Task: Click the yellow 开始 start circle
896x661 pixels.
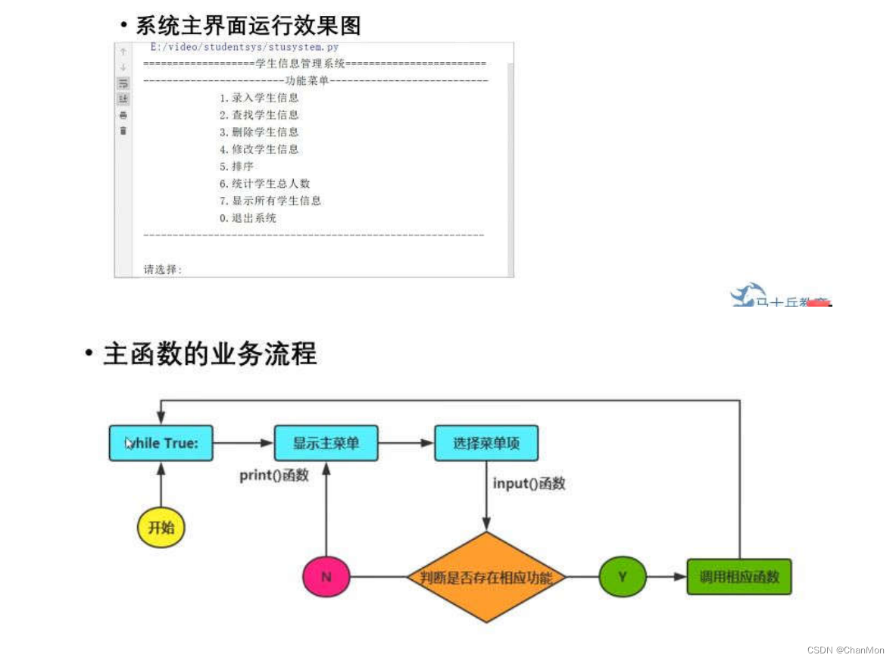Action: (x=161, y=528)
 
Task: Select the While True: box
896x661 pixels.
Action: (x=161, y=443)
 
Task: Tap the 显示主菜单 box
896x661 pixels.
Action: (x=326, y=443)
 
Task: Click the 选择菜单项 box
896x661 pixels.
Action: (x=486, y=443)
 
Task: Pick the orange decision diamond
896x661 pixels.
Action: (x=486, y=578)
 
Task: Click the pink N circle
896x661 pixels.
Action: (x=326, y=577)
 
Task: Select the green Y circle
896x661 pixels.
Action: (x=622, y=577)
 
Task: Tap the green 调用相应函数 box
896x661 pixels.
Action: (x=739, y=577)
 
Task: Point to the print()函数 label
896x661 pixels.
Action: (x=274, y=475)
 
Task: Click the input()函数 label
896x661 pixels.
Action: (x=529, y=483)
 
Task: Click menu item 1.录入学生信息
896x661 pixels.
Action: (x=259, y=98)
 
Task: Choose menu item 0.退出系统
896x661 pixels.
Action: (x=248, y=218)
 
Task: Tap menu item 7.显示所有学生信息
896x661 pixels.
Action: (x=270, y=201)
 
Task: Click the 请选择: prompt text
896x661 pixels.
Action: (x=163, y=270)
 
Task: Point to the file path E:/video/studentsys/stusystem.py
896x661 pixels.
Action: (x=244, y=47)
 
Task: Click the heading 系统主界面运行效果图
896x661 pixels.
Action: (x=248, y=26)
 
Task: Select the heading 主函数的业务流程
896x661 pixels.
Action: (x=210, y=354)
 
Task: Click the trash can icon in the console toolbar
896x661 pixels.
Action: (x=123, y=131)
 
